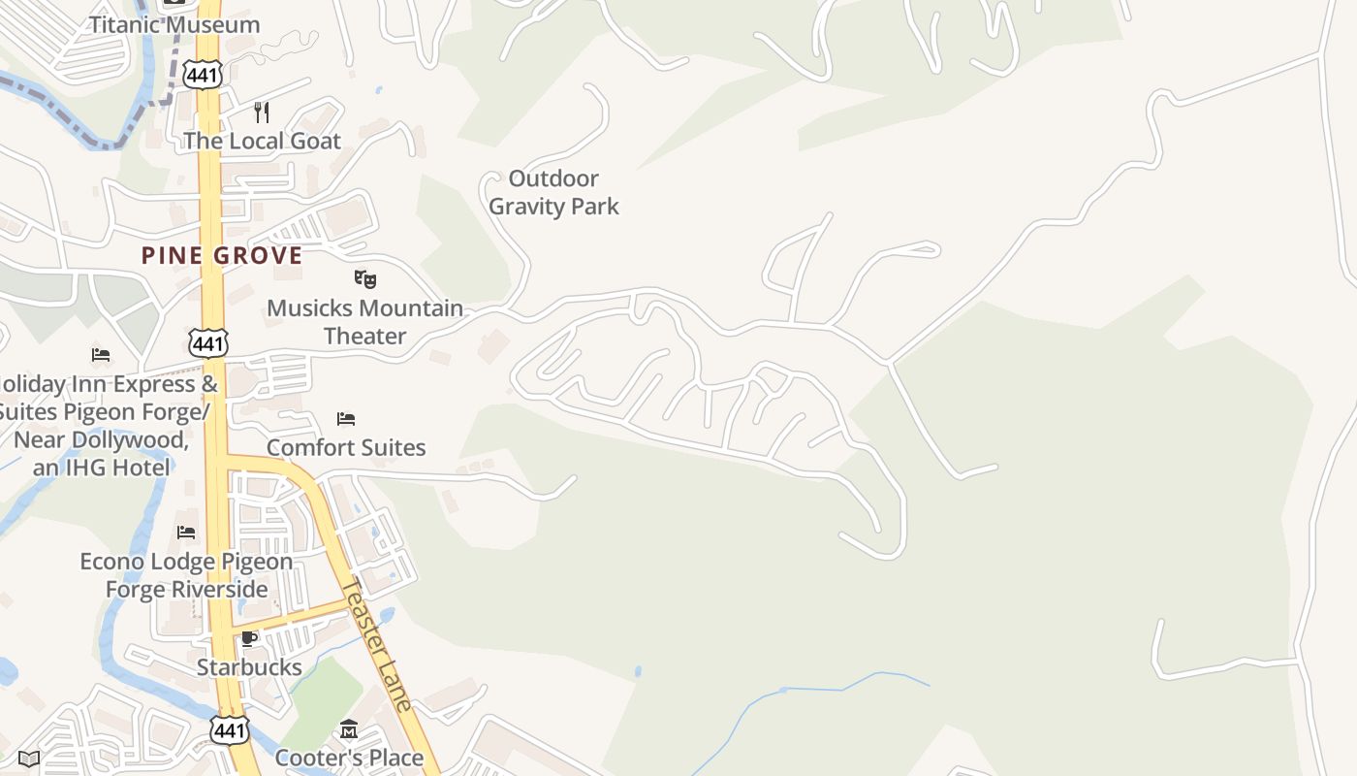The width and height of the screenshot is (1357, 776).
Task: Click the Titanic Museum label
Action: click(174, 24)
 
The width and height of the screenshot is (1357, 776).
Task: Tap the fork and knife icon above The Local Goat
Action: click(262, 113)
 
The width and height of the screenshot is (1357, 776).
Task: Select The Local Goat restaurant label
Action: click(262, 141)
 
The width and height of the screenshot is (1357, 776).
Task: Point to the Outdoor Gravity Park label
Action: click(553, 192)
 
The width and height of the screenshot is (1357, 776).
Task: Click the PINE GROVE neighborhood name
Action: click(222, 255)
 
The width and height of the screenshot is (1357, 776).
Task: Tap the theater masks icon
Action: click(364, 279)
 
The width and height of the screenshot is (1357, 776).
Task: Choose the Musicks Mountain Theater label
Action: click(364, 322)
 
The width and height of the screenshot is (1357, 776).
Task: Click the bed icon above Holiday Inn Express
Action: click(101, 354)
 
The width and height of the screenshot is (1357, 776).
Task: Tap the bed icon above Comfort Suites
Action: click(346, 419)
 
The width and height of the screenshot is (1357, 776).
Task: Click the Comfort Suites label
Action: click(346, 447)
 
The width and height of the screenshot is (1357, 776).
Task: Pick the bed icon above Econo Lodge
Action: click(186, 533)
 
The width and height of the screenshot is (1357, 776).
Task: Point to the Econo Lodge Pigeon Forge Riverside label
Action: click(186, 575)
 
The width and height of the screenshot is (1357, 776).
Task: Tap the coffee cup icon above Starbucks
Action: click(249, 638)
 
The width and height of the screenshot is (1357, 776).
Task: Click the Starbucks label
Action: click(249, 667)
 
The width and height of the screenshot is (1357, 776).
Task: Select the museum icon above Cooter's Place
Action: click(349, 729)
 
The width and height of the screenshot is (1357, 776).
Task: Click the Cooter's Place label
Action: click(349, 758)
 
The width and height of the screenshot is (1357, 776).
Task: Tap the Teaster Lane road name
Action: click(379, 645)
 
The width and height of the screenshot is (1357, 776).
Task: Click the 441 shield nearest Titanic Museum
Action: click(205, 73)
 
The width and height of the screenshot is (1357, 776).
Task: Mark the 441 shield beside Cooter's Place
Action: click(230, 729)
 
